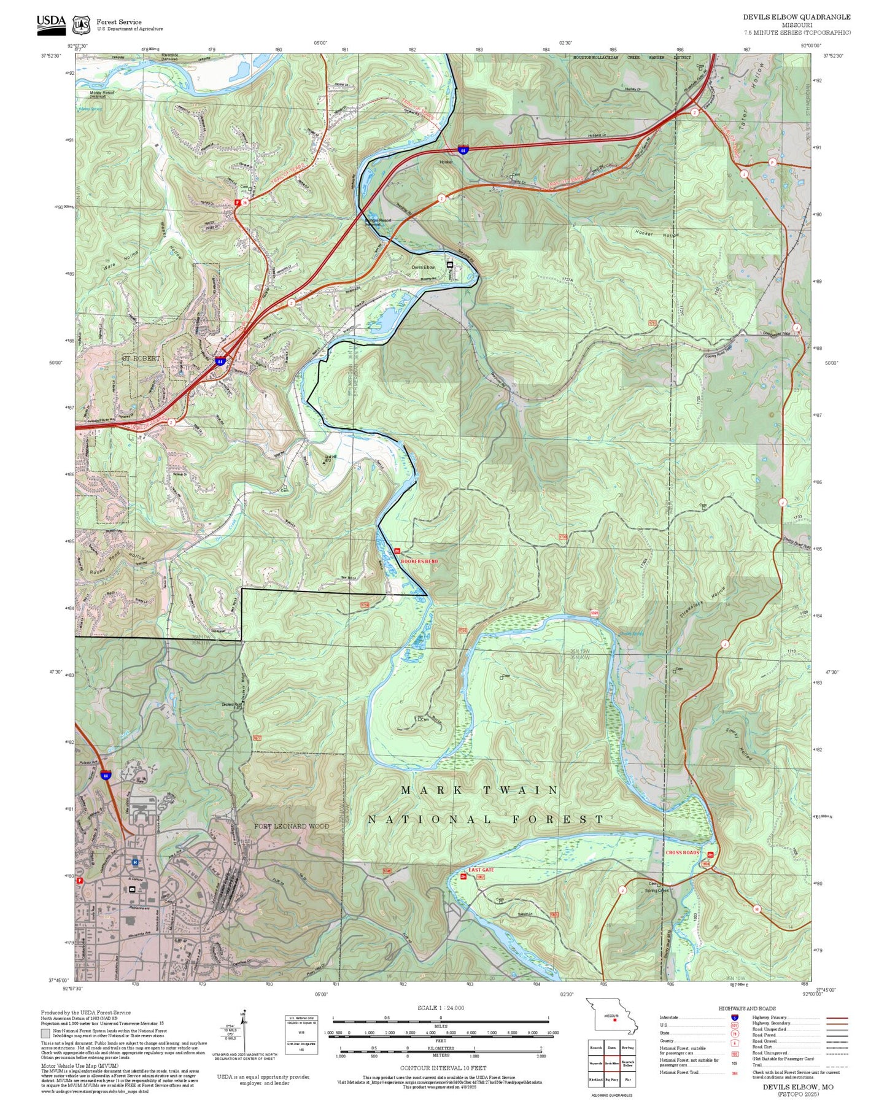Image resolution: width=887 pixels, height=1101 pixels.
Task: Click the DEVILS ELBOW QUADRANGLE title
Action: [x=796, y=17]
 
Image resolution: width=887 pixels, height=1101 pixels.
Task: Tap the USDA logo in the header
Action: [x=51, y=22]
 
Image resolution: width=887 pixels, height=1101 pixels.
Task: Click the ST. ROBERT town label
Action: [x=141, y=358]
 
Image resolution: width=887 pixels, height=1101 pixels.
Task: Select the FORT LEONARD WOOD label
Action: [x=292, y=826]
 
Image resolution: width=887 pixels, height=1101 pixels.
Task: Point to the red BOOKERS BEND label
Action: [x=419, y=561]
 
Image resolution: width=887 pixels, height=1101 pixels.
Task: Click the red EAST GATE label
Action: [x=481, y=870]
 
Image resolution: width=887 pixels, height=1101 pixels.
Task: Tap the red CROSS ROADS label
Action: [x=682, y=852]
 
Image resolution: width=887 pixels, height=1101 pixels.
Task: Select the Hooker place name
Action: [x=446, y=162]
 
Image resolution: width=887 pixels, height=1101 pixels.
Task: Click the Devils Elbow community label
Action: [x=423, y=268]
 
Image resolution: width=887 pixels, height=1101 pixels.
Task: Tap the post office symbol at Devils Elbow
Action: [x=450, y=265]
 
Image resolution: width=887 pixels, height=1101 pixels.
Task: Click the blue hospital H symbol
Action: [x=134, y=862]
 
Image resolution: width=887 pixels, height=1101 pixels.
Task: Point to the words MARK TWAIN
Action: [x=479, y=790]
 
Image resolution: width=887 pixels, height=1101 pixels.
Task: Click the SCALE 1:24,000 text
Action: [x=440, y=1008]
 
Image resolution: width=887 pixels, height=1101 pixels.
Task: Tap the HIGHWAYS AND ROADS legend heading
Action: [x=746, y=1008]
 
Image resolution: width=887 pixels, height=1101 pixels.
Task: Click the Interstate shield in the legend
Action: [x=734, y=1018]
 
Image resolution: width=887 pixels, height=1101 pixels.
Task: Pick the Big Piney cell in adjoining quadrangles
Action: [x=611, y=1080]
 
